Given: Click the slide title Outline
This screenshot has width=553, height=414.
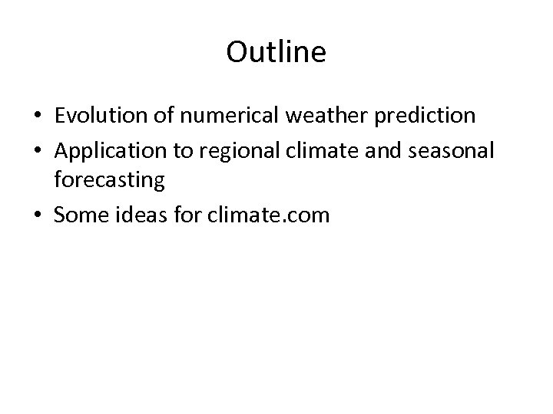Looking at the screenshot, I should [x=276, y=53].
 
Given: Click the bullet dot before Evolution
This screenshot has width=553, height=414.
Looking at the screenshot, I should [x=38, y=117].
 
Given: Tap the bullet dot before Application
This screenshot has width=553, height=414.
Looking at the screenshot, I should [x=38, y=149].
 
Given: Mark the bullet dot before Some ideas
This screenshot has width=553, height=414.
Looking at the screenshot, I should [x=38, y=216].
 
